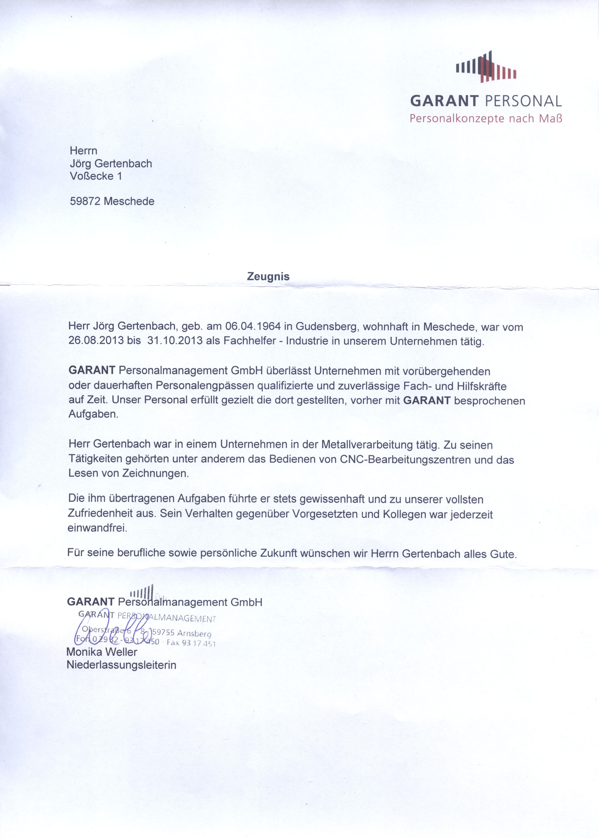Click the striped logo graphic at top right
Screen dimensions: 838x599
[486, 67]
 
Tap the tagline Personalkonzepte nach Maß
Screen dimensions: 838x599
[486, 119]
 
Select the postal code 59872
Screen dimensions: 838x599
[86, 201]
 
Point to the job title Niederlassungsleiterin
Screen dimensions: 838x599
[121, 665]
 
